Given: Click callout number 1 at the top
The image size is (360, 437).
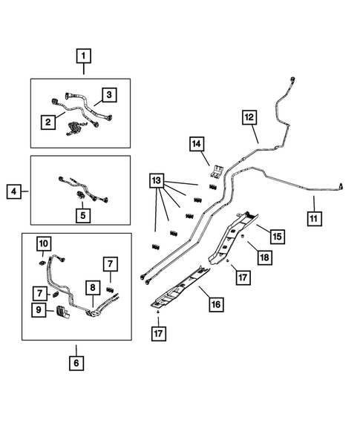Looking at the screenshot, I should pos(84,56).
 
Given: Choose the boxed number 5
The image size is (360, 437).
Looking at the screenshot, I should pos(83,216).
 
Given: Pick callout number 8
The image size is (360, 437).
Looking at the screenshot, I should pos(93,287).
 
